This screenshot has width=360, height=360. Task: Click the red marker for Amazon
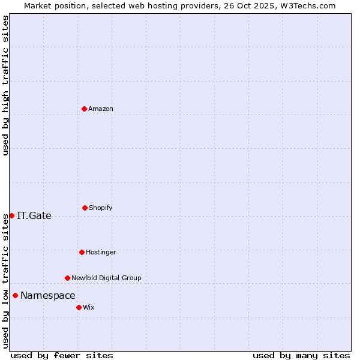tap(84, 109)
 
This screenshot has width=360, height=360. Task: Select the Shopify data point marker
tap(85, 208)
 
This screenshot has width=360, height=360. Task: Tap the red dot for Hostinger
tap(82, 252)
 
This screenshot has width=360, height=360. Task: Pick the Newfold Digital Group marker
tap(67, 278)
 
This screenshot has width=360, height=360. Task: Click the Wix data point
tap(79, 307)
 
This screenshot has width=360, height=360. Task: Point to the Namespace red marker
tap(15, 295)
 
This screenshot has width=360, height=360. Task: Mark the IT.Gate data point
tap(11, 215)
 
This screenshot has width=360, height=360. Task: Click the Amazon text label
tap(101, 109)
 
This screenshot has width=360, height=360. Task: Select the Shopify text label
tap(101, 208)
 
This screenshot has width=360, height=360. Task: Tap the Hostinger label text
tap(101, 252)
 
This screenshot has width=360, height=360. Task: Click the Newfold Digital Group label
tap(106, 278)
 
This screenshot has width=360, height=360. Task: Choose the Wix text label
tap(89, 307)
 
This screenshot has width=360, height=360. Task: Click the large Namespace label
tap(48, 295)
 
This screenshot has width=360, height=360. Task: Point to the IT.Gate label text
tap(34, 216)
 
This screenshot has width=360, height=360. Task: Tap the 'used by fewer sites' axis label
tap(62, 355)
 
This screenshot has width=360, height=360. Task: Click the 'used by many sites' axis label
tap(301, 355)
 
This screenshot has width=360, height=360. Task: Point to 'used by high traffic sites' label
tap(5, 85)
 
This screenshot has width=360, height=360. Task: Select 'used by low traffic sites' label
tap(5, 281)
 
